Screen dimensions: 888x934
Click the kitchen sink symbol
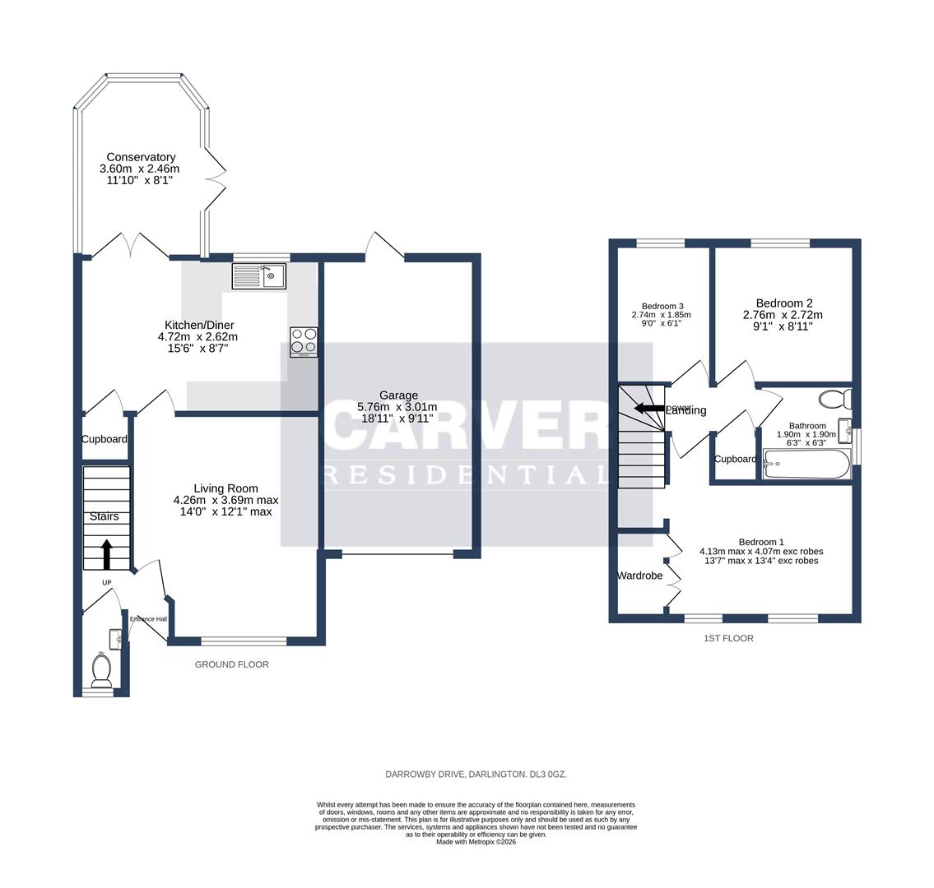click(x=258, y=275)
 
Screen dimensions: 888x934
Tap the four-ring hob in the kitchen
click(x=303, y=341)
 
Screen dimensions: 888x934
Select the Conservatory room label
click(x=140, y=157)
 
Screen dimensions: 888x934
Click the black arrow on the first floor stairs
click(x=649, y=408)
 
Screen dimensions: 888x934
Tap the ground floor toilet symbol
click(x=102, y=670)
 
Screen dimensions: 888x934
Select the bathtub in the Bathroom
click(x=806, y=465)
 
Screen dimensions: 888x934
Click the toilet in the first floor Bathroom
click(x=834, y=400)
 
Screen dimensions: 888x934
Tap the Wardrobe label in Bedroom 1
click(x=639, y=576)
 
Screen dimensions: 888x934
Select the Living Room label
click(x=225, y=488)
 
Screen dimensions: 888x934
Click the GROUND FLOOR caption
click(x=231, y=664)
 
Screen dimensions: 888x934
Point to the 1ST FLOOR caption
click(x=728, y=638)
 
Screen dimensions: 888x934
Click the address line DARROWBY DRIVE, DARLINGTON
click(x=476, y=775)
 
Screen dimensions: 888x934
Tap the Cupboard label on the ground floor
click(x=105, y=439)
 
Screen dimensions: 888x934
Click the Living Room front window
click(x=244, y=641)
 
